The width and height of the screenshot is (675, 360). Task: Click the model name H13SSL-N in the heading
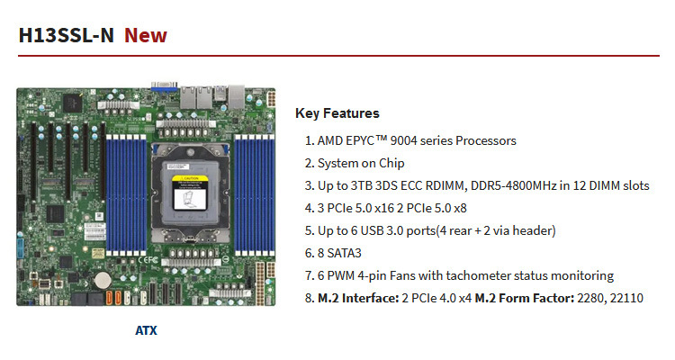pos(66,36)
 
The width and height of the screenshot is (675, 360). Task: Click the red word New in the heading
pos(145,36)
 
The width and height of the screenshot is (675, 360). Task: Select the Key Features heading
pos(337,113)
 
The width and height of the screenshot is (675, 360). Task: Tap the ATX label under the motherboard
pos(146,330)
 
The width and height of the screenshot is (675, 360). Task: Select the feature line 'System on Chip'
pos(361,163)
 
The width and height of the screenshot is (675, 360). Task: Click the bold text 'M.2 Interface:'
pos(359,298)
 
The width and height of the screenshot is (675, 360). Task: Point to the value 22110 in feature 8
pos(625,298)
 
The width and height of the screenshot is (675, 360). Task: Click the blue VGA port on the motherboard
pos(164,87)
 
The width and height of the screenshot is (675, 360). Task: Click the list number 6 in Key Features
pos(309,253)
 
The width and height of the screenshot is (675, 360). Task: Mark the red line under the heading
pos(337,57)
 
